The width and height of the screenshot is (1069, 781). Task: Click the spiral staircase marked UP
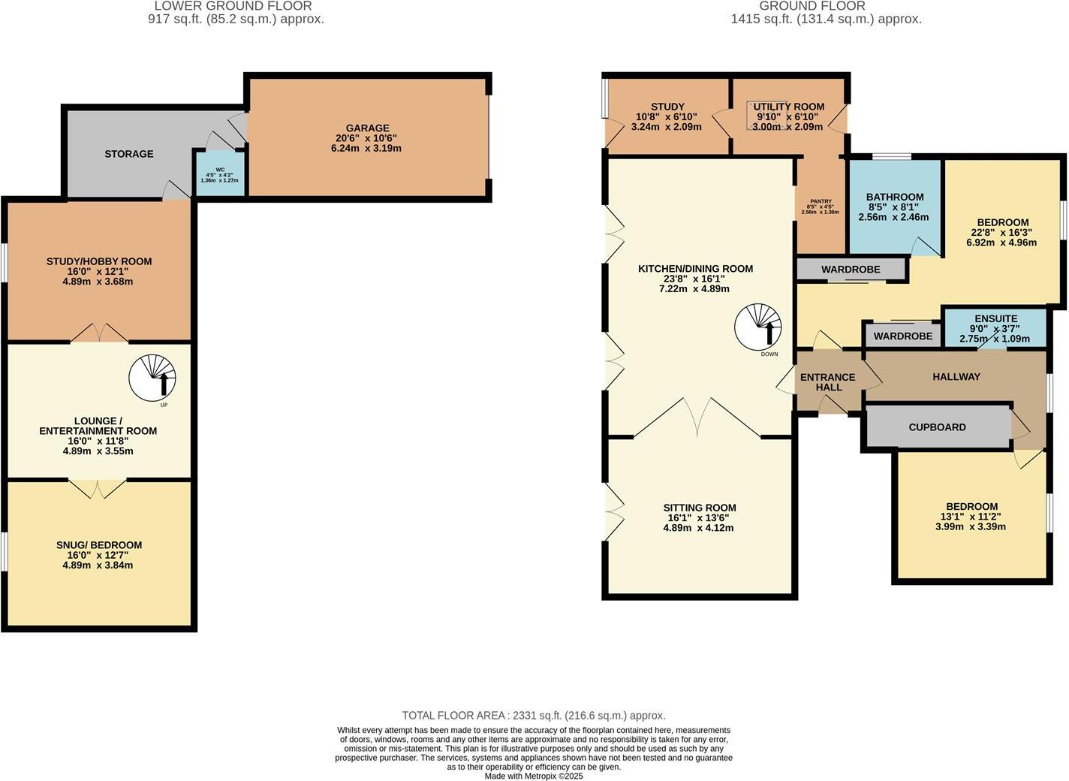tap(152, 377)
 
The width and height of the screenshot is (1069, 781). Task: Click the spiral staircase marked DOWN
tap(758, 326)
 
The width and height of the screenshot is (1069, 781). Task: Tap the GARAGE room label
tap(367, 128)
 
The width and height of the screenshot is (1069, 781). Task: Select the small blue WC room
tap(219, 173)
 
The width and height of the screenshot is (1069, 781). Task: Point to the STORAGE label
tap(128, 154)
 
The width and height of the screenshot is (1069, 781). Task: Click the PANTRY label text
tap(820, 201)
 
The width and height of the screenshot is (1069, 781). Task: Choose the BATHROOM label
tap(894, 197)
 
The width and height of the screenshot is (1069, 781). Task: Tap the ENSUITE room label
tap(995, 318)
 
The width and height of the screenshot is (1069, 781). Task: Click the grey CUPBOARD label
tap(937, 427)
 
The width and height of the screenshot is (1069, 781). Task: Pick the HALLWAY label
tap(956, 377)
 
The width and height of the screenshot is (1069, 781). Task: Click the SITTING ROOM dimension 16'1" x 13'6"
tap(698, 518)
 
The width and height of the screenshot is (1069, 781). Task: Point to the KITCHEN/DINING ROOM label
tap(695, 269)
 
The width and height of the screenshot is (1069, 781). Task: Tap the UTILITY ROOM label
tap(789, 107)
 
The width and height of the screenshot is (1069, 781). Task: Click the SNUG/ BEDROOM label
tap(98, 545)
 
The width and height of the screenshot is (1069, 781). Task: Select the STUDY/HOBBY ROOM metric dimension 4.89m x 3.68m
tap(98, 282)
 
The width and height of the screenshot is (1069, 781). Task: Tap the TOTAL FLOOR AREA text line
tap(534, 716)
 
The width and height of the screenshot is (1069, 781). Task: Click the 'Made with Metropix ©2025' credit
tap(534, 776)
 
